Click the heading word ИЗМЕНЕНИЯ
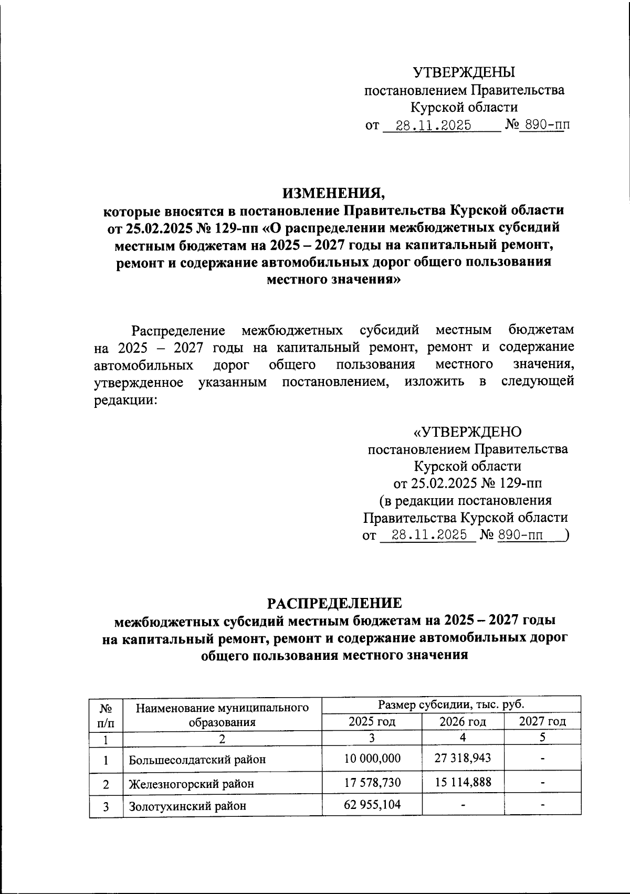click(x=333, y=193)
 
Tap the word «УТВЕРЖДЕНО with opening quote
click(x=467, y=432)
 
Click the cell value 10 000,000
click(x=372, y=758)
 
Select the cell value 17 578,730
click(x=372, y=782)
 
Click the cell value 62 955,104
click(x=372, y=804)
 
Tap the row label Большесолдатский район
click(x=197, y=759)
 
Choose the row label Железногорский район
click(x=192, y=784)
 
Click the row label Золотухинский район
click(x=187, y=806)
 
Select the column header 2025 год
click(x=372, y=721)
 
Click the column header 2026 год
click(x=463, y=721)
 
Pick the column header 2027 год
click(x=542, y=721)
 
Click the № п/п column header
click(x=106, y=714)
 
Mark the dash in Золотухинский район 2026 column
click(x=463, y=805)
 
